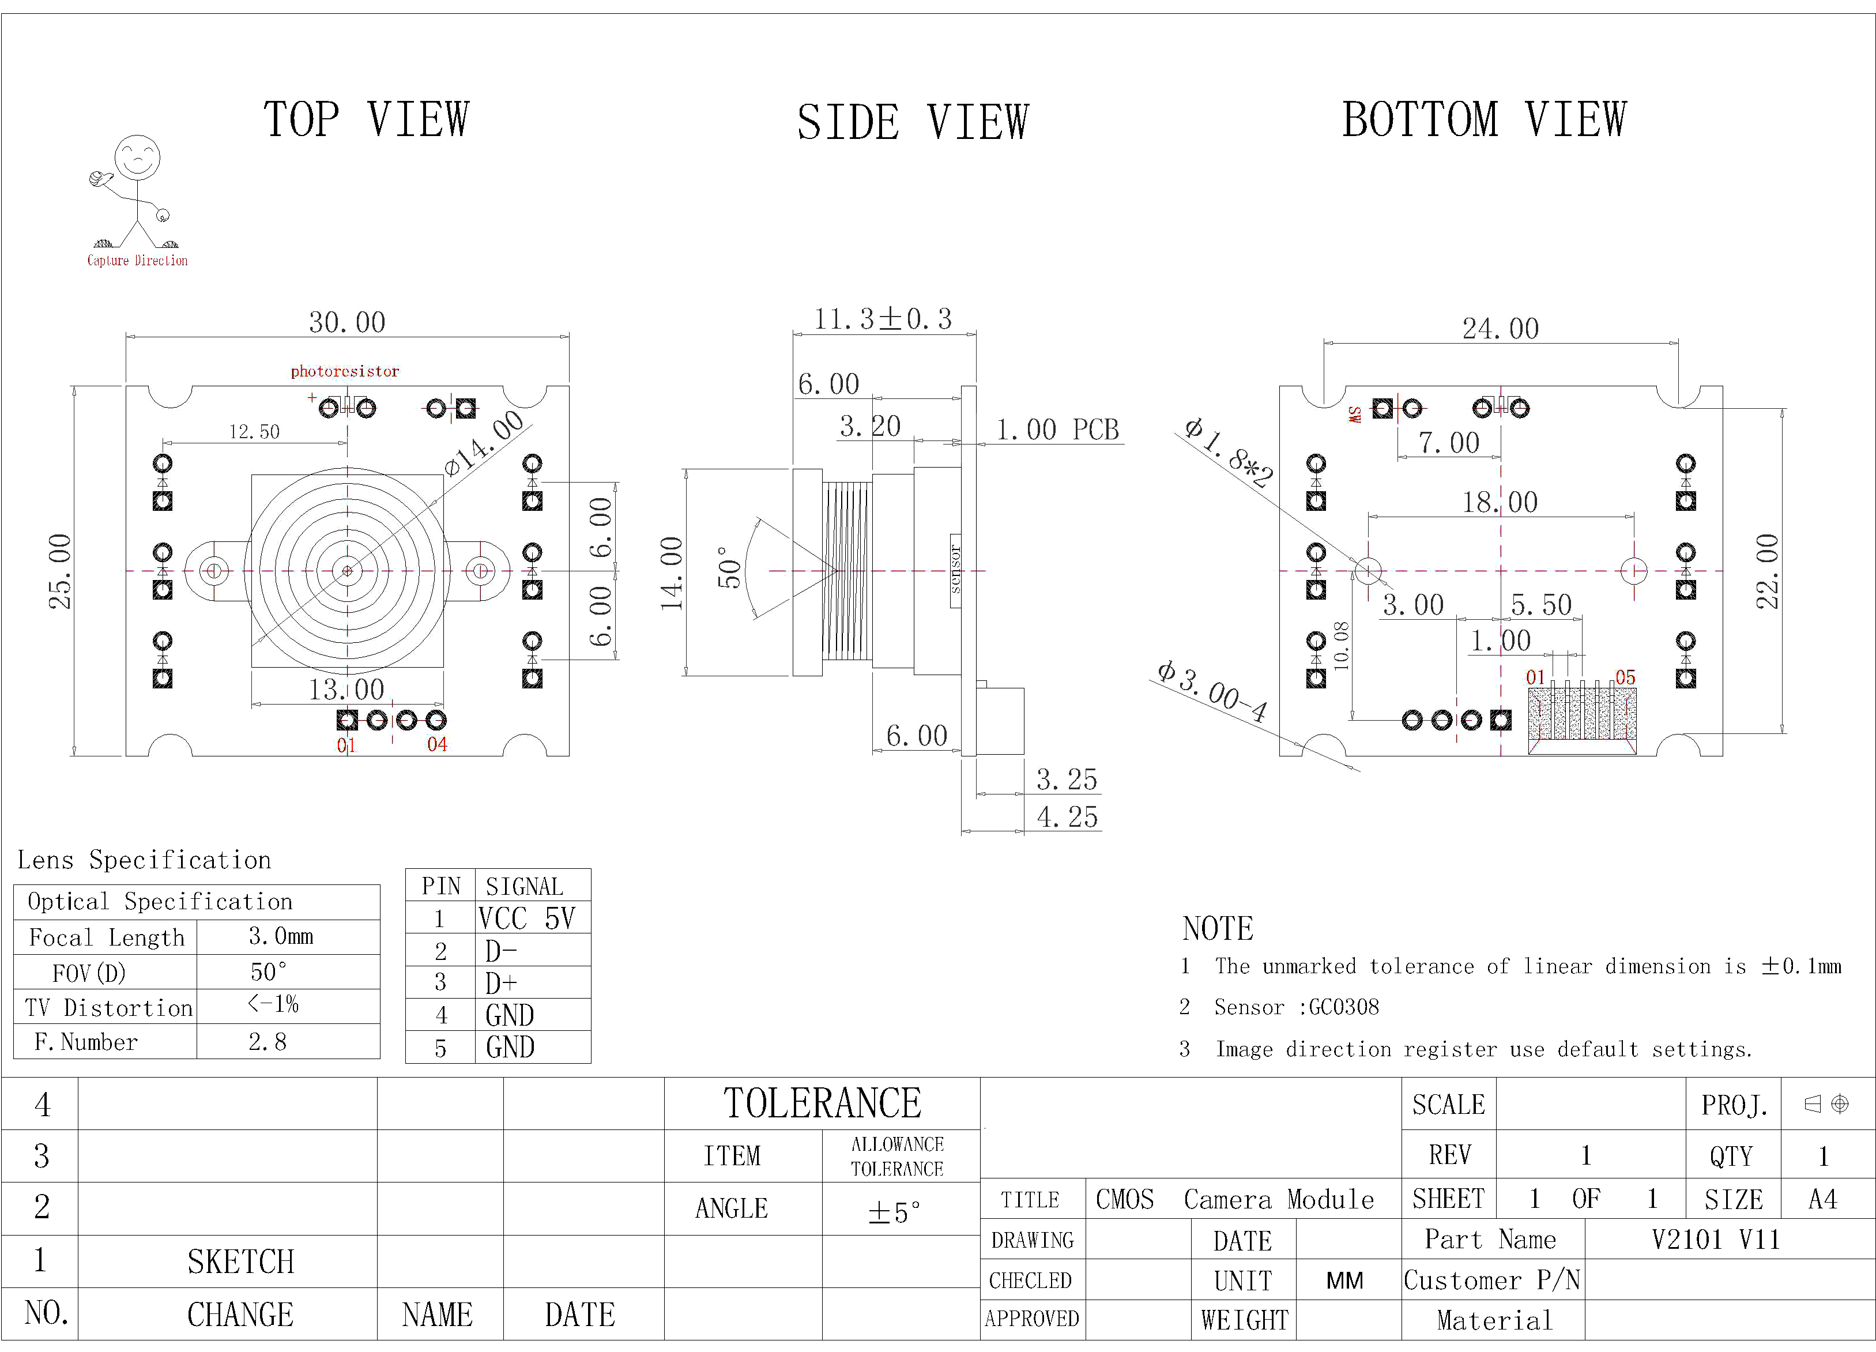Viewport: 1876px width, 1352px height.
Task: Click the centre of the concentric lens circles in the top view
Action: click(x=348, y=571)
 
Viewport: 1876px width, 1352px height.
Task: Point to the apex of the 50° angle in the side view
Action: click(x=837, y=570)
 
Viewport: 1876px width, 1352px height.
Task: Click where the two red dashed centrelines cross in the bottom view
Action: click(x=1501, y=571)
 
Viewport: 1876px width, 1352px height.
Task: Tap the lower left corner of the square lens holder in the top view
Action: click(x=251, y=667)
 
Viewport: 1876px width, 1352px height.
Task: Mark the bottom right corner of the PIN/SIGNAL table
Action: click(x=590, y=1063)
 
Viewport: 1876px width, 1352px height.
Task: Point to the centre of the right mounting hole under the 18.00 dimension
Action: click(x=1634, y=570)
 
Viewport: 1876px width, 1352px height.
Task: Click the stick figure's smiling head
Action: click(x=137, y=158)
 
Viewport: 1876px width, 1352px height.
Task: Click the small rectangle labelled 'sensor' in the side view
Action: click(x=955, y=571)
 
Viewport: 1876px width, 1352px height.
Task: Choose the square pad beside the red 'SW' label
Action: click(x=1382, y=408)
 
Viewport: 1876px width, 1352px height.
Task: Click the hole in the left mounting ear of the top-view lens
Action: click(x=214, y=570)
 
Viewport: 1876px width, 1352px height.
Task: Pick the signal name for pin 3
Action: click(x=501, y=983)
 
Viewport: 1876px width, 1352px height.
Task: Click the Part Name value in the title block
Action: click(x=1716, y=1240)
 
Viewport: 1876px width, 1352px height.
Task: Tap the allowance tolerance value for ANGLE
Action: click(x=894, y=1212)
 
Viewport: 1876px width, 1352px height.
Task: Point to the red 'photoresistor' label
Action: click(x=345, y=371)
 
